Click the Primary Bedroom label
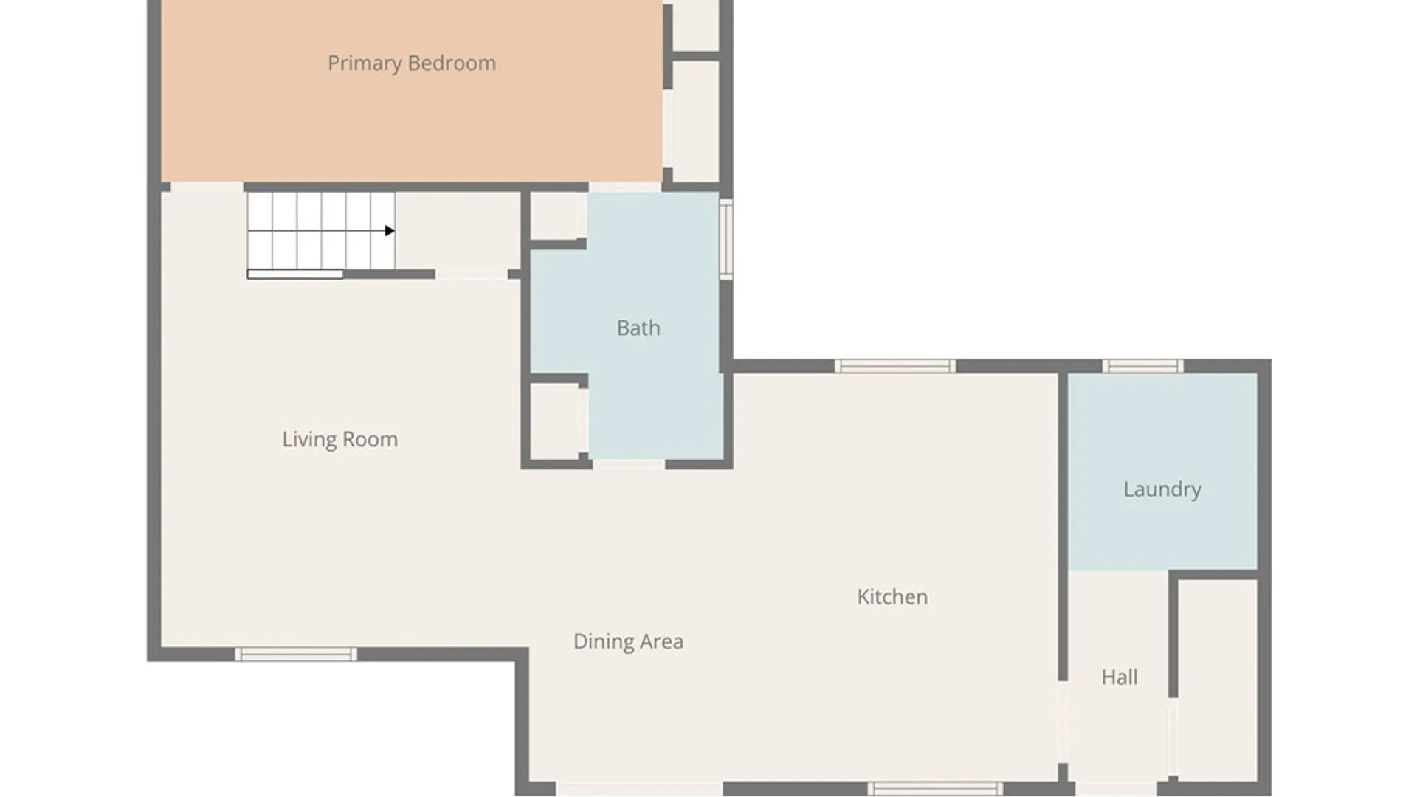[x=412, y=63]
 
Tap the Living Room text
[x=340, y=440]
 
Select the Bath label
[x=638, y=328]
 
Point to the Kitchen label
[x=892, y=597]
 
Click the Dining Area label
[x=629, y=642]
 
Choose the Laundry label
[x=1162, y=489]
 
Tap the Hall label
[x=1120, y=677]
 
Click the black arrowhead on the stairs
[x=390, y=231]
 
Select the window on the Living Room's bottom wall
[x=296, y=655]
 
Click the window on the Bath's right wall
[x=726, y=239]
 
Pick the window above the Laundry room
[x=1142, y=366]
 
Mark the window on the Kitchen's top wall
[x=895, y=366]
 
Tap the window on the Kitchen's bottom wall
[x=935, y=789]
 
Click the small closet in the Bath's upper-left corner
[x=558, y=215]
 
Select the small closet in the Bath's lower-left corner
[x=559, y=422]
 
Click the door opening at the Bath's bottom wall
[x=629, y=464]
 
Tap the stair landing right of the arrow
[x=458, y=231]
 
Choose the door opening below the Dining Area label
[x=639, y=789]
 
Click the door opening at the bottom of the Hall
[x=1116, y=789]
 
